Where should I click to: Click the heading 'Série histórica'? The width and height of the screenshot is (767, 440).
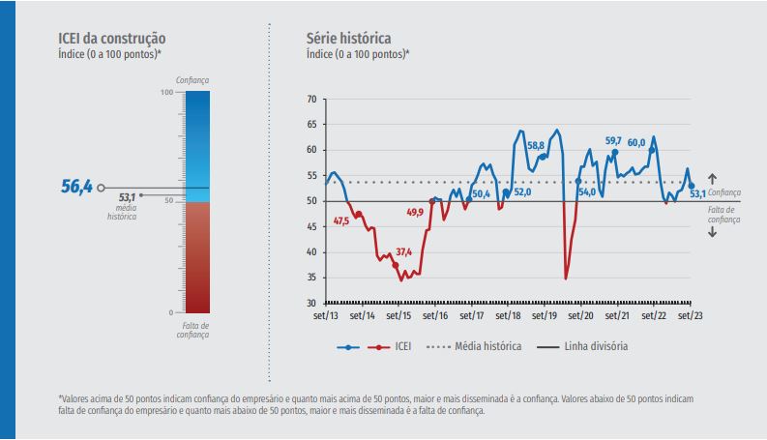pos(348,39)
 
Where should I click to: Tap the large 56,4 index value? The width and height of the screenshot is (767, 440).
pos(76,187)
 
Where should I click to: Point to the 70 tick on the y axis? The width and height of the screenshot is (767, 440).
pos(310,99)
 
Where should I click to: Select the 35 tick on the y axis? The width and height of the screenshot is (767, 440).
pos(310,278)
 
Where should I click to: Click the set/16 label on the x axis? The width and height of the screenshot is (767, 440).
pos(435,315)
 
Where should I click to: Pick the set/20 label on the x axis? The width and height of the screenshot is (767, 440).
pos(581,315)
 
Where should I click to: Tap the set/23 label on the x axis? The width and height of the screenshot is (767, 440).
pos(691,315)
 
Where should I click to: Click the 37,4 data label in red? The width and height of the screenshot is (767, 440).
pos(403,252)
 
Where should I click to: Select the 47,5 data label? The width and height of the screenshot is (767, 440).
pos(340,221)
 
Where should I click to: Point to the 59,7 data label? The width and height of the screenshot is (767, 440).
pos(613,141)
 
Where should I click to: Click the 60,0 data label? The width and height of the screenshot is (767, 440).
pos(636,143)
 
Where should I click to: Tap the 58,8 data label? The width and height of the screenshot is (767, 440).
pos(536,146)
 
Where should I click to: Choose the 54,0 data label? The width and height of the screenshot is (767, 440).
pos(587,192)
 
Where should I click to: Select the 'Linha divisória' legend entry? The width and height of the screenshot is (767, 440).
pos(597,345)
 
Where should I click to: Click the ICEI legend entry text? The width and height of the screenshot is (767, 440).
pos(401,345)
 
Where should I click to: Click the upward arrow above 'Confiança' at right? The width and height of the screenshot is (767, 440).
pos(712,179)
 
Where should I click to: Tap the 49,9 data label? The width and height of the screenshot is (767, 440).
pos(415,212)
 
